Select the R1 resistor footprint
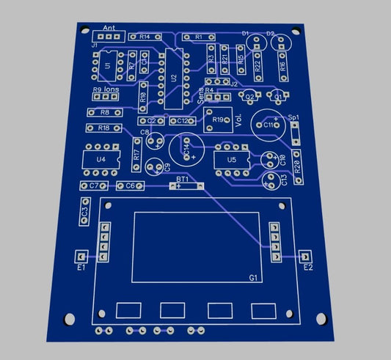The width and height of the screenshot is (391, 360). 197,36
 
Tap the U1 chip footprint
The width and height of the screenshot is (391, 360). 108,66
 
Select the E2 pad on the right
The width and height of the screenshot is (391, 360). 305,257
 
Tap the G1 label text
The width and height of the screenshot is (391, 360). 253,278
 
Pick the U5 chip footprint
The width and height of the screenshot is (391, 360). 232,159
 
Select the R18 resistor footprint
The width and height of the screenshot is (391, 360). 104,128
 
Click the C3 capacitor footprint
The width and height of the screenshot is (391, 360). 84,211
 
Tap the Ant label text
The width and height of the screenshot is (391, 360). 109,28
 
